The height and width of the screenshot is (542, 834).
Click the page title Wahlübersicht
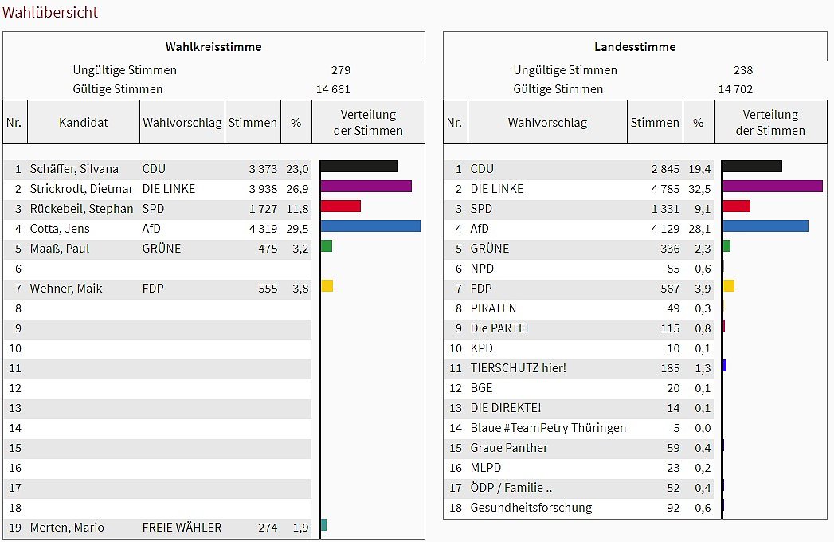point(50,12)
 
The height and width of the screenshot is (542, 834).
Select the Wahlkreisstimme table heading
point(213,46)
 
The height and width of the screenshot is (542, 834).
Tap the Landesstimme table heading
point(635,46)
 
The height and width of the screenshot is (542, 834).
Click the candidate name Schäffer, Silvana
point(74,168)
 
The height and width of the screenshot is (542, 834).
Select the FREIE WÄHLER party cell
point(182,528)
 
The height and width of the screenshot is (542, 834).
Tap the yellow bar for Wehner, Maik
point(327,285)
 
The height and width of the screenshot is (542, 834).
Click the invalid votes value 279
point(341,70)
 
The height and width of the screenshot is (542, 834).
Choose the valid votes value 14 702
point(735,89)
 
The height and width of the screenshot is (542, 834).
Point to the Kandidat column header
point(84,123)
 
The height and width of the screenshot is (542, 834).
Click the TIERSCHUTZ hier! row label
point(519,368)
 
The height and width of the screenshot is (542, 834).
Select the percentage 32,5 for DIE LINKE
point(699,189)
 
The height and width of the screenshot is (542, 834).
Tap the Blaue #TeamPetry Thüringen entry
point(548,428)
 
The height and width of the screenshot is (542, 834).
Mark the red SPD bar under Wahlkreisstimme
point(341,206)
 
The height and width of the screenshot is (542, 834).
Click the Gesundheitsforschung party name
point(531,508)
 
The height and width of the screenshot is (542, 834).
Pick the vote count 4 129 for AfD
point(665,229)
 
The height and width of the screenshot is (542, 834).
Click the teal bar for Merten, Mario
point(323,525)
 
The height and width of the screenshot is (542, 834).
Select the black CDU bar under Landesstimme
point(752,166)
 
